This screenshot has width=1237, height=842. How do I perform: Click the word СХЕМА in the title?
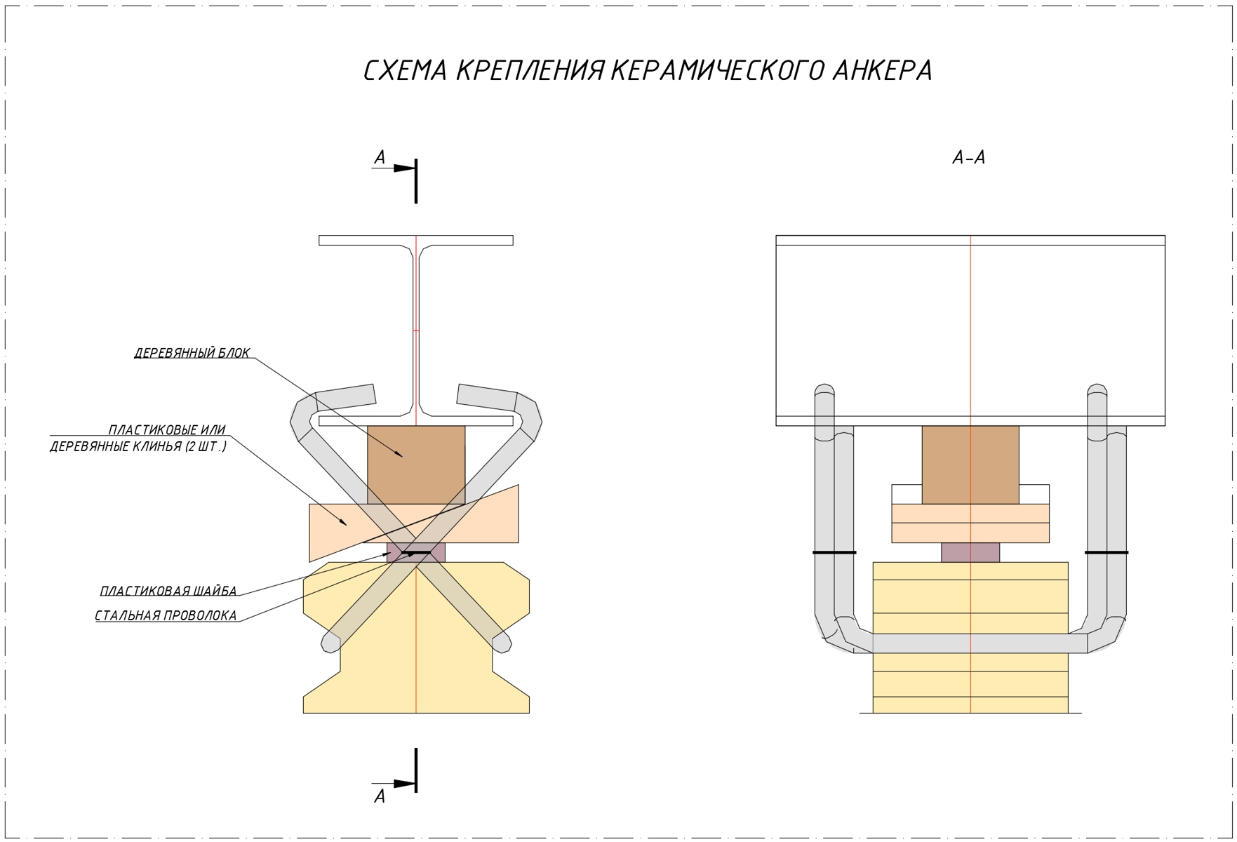click(405, 71)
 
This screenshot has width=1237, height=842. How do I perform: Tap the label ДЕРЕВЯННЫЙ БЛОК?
click(192, 353)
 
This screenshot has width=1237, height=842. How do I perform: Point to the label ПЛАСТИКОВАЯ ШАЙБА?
click(168, 591)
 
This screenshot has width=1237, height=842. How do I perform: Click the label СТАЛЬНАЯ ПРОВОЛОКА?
click(166, 615)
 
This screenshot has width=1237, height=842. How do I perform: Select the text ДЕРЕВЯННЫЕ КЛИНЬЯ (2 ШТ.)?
click(138, 446)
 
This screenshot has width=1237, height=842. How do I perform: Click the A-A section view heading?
click(969, 158)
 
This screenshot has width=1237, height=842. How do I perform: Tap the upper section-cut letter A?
click(380, 158)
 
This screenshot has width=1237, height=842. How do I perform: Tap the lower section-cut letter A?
click(380, 796)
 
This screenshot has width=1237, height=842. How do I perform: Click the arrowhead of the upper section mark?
click(404, 168)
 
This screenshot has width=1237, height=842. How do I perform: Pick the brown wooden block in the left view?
click(416, 463)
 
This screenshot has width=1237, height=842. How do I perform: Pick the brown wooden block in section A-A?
click(970, 463)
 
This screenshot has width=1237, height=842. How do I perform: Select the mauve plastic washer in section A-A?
click(970, 552)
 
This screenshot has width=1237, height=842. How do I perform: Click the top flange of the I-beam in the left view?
click(416, 240)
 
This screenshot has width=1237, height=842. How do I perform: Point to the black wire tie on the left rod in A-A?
click(834, 553)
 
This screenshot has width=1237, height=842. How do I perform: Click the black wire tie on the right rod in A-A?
click(1106, 553)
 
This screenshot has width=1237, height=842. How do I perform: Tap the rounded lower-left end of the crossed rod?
click(330, 643)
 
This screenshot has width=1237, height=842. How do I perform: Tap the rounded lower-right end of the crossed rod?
click(502, 643)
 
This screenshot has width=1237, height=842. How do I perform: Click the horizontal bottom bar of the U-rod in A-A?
click(970, 643)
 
